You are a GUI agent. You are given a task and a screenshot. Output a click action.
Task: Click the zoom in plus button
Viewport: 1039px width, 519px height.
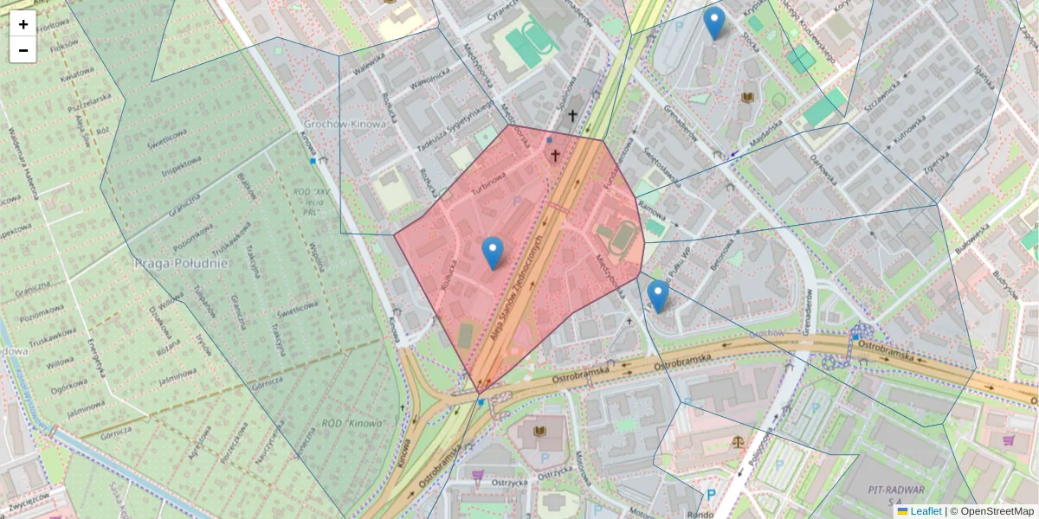coord(23,24)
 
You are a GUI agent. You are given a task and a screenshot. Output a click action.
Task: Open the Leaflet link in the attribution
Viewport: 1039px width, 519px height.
coord(925,511)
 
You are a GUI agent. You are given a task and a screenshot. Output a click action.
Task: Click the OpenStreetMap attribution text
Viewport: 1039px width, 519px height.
coord(997,511)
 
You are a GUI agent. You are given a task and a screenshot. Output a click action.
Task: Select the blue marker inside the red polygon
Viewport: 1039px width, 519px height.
coord(493,253)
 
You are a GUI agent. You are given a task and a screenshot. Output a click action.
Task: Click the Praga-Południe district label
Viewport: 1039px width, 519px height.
coord(181,262)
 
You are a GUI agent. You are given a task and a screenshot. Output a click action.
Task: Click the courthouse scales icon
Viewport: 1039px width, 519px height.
coord(738,440)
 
